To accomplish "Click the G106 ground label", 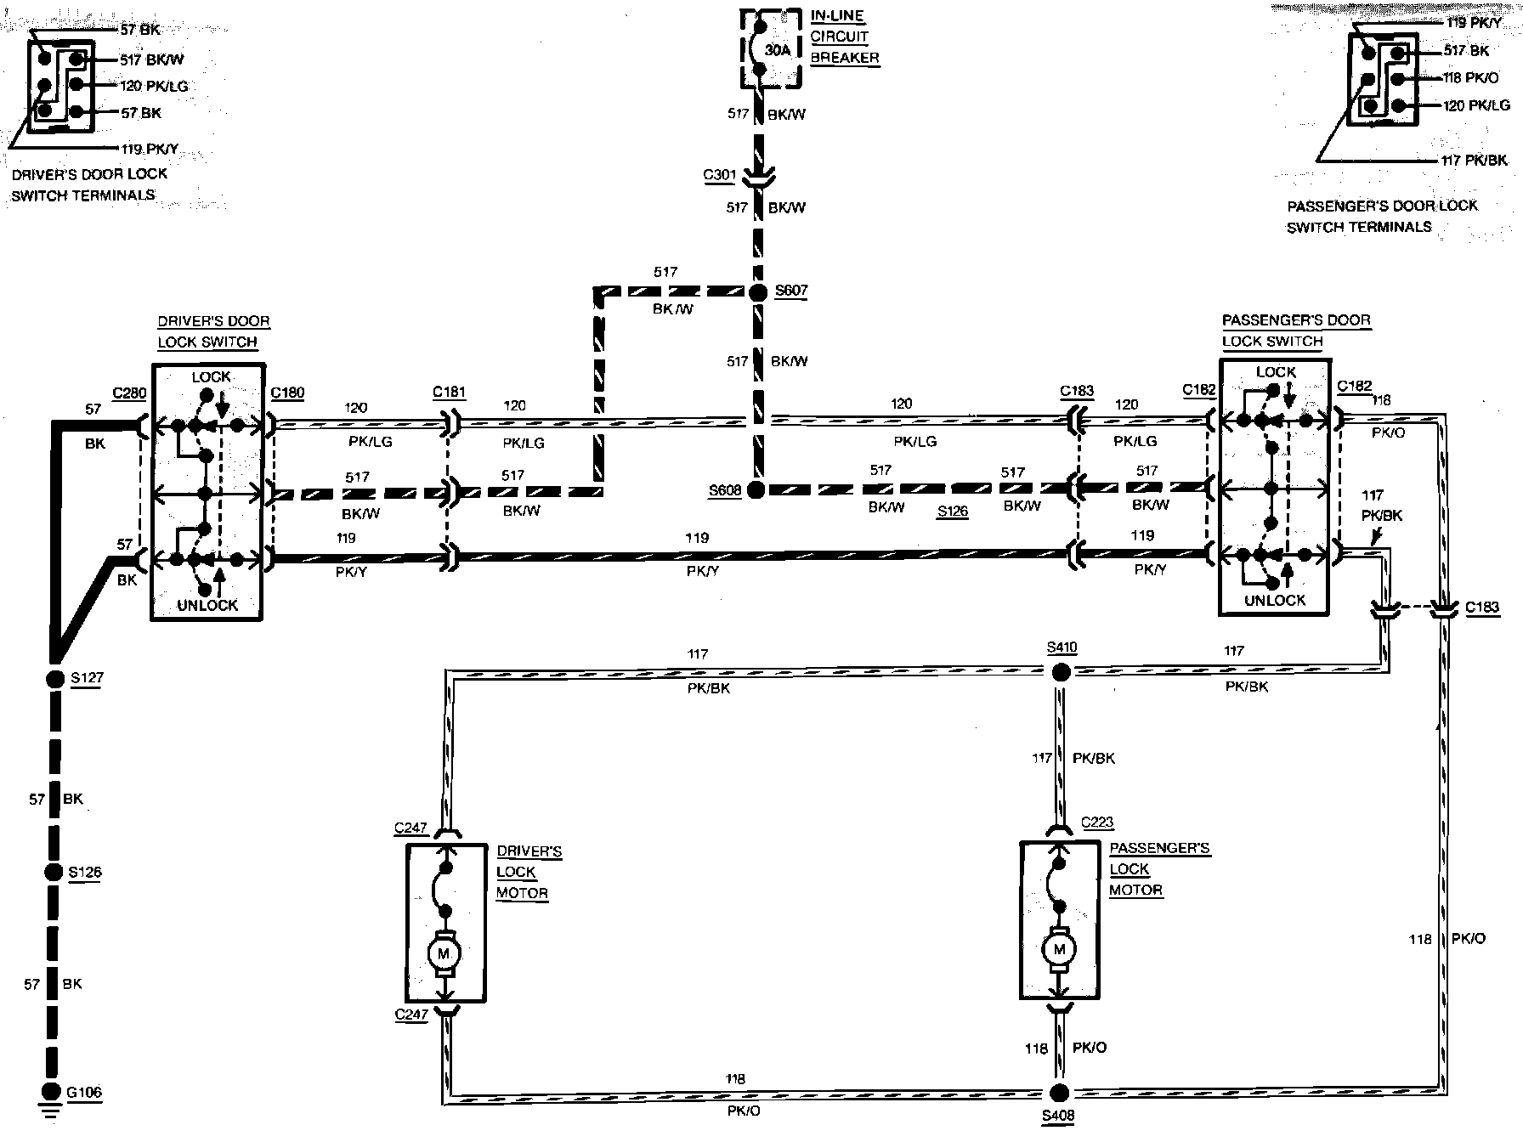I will coord(84,1093).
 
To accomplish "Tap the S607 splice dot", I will coord(758,292).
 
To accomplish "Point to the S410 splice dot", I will coord(1061,672).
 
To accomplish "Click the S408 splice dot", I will coord(1058,1093).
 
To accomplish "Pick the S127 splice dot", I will coord(54,679).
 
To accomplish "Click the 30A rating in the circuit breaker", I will coord(778,50).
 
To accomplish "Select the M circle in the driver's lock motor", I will coord(443,953).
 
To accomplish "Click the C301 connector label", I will coord(719,176).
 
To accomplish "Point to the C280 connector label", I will coord(129,393).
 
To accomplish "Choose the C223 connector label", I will coord(1097,823).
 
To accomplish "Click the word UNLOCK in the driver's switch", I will coord(207,606).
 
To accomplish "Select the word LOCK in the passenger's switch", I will coord(1276,372).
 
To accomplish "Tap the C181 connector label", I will coord(449,392).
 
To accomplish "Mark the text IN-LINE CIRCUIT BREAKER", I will coord(844,37).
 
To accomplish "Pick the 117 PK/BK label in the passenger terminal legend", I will coord(1475,160).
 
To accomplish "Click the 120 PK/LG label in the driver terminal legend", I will coord(154,86).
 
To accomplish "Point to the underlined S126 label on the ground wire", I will coord(84,873).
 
